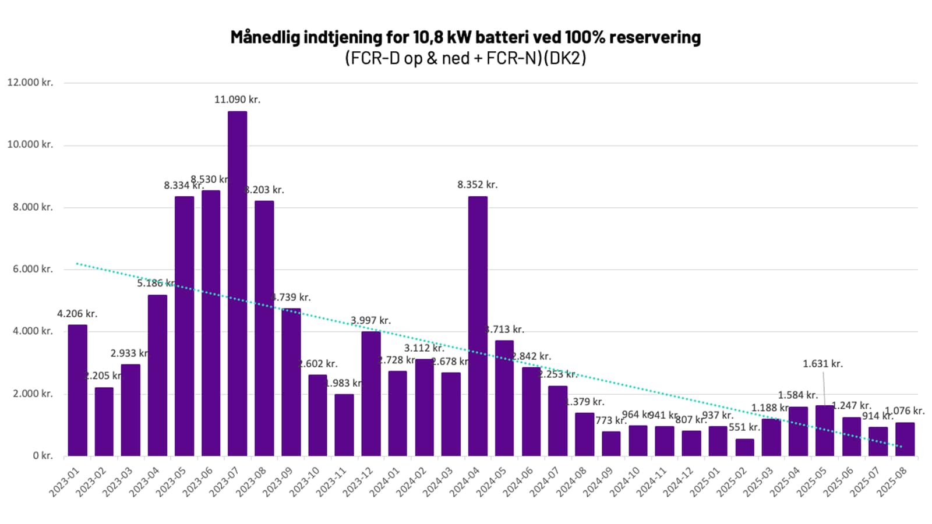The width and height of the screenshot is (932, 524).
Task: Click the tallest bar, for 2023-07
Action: click(x=237, y=283)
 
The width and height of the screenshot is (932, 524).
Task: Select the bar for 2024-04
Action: click(x=478, y=326)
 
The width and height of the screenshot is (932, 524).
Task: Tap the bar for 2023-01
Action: click(x=77, y=390)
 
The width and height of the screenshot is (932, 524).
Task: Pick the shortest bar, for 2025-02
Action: click(x=744, y=447)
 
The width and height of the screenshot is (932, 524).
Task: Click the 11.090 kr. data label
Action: click(x=237, y=100)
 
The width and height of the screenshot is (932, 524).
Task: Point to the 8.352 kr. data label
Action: click(x=477, y=185)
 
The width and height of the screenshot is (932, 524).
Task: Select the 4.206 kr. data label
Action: click(x=77, y=314)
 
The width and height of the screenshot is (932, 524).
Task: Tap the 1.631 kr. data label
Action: click(x=822, y=364)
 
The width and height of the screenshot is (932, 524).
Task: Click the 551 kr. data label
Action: click(x=744, y=427)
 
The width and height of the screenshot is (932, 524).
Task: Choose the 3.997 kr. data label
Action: click(x=370, y=321)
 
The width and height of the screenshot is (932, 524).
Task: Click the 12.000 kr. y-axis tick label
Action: click(x=30, y=83)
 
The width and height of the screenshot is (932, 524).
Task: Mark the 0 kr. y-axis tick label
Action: click(x=43, y=456)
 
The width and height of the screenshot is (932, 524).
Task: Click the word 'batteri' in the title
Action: click(x=502, y=37)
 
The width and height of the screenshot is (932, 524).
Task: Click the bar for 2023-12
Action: click(x=371, y=394)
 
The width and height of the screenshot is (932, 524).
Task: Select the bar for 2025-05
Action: click(x=824, y=430)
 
